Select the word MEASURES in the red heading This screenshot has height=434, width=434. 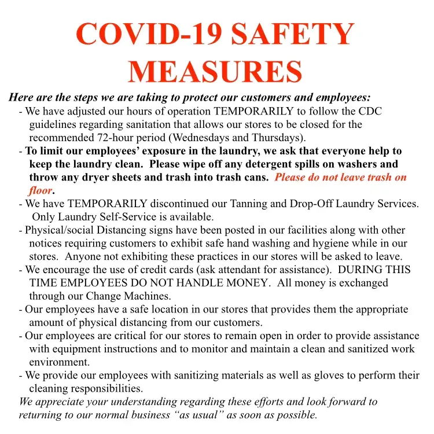[215, 71]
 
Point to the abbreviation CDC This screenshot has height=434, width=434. [370, 112]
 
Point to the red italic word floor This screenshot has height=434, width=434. [41, 190]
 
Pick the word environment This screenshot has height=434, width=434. [60, 362]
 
